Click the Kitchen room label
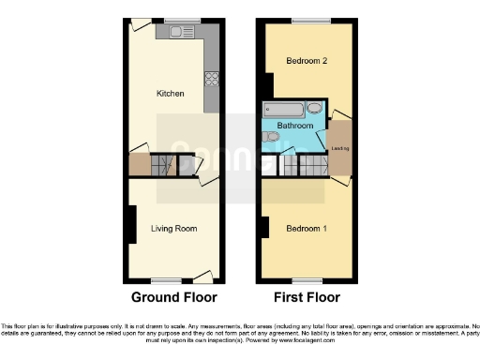[170, 94]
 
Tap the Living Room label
[173, 228]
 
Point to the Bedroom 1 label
[307, 229]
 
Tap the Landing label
[339, 148]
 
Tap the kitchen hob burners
[212, 78]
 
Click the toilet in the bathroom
[271, 138]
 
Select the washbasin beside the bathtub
[315, 111]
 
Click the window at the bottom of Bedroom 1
[306, 280]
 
